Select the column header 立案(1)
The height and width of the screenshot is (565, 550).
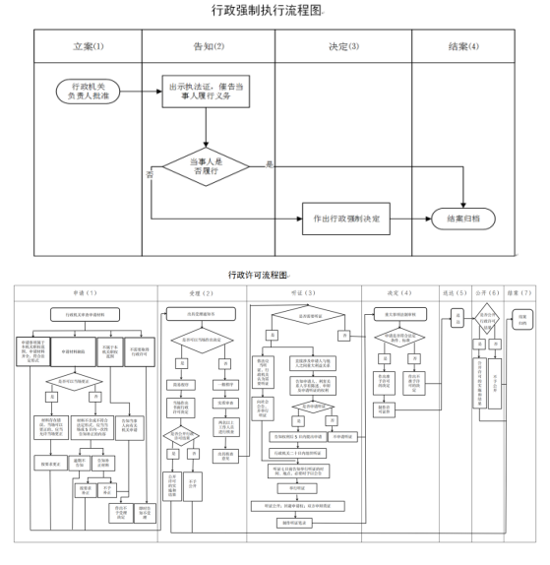89,46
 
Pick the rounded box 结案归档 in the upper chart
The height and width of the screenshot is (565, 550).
463,218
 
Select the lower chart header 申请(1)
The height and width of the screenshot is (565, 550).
84,292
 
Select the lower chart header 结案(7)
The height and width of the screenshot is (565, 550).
521,292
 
